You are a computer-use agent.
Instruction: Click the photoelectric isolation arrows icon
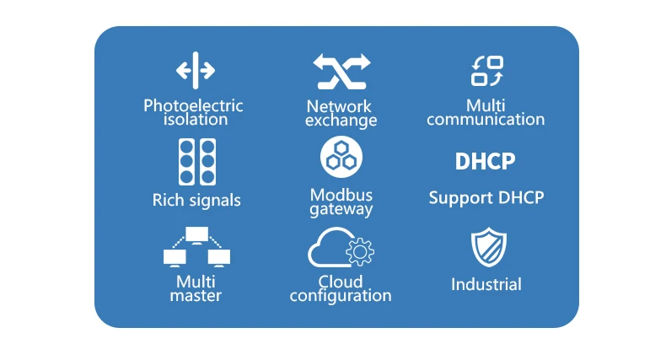196,70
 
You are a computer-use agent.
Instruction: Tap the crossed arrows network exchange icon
341,71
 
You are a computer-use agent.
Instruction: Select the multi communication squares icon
486,71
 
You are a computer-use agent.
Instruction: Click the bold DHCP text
485,161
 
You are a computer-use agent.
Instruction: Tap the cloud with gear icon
341,249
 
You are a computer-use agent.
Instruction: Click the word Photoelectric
193,106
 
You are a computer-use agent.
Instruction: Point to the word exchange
341,121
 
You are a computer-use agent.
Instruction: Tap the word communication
486,120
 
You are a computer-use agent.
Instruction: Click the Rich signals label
196,201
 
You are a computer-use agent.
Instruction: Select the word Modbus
341,196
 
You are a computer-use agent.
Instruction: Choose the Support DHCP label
486,198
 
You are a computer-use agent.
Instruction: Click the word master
196,296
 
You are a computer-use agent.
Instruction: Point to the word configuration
341,296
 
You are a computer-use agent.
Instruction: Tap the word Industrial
486,284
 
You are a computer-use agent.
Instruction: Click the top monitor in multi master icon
196,234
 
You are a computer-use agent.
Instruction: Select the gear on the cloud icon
360,251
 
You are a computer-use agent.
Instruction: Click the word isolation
196,120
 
